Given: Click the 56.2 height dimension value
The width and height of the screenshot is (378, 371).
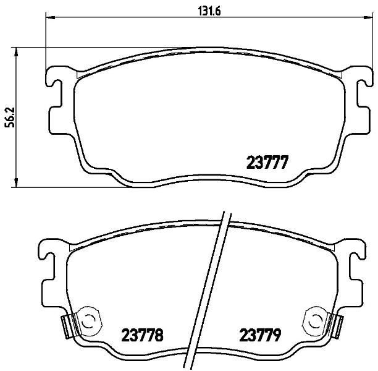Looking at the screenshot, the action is click(10, 117).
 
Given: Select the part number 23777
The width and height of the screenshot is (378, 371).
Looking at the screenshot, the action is click(267, 162).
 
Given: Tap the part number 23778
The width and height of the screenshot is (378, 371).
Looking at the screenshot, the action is click(142, 335).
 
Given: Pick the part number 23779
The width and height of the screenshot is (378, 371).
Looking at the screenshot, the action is click(260, 335).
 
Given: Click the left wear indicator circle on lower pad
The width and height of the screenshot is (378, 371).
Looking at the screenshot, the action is click(88, 321).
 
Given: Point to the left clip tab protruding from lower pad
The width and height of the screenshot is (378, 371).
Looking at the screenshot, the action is click(65, 326).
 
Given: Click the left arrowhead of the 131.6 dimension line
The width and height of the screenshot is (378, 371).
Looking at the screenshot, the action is click(50, 17).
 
